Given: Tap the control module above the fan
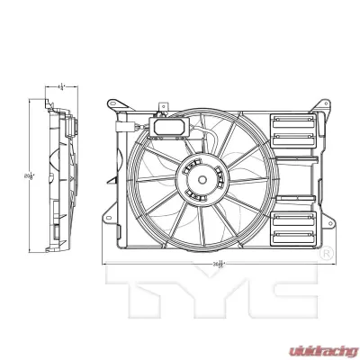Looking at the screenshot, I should pos(171,127).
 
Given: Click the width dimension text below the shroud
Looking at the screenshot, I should pos(219,263).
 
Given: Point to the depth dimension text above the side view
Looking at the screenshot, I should pos(60,87).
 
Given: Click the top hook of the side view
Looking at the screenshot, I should pos(54,103).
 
